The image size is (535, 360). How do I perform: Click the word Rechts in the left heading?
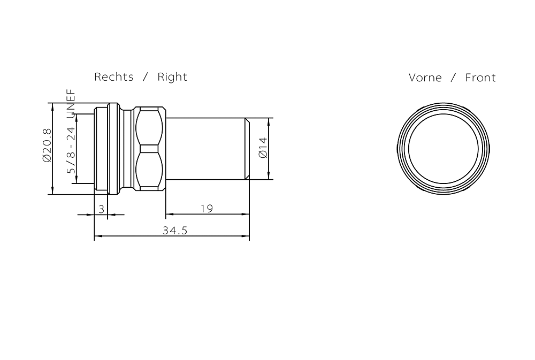113,77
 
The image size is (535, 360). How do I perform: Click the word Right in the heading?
172,77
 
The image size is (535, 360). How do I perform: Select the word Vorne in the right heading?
425,78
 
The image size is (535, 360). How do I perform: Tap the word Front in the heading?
480,78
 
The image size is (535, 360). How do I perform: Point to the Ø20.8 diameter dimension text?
47,145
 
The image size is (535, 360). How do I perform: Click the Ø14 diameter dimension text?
263,148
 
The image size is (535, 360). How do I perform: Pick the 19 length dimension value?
207,209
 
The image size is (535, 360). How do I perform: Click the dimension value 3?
101,209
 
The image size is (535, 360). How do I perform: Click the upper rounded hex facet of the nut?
148,127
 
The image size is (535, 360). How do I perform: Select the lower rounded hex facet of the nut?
148,171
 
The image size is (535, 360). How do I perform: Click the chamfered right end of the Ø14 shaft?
247,148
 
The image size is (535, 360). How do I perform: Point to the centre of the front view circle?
444,148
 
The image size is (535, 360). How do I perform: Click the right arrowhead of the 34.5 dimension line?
247,236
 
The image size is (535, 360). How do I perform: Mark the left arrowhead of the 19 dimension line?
169,214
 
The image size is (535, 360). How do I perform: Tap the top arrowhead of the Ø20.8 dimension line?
53,106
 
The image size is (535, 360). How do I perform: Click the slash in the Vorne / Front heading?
453,78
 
